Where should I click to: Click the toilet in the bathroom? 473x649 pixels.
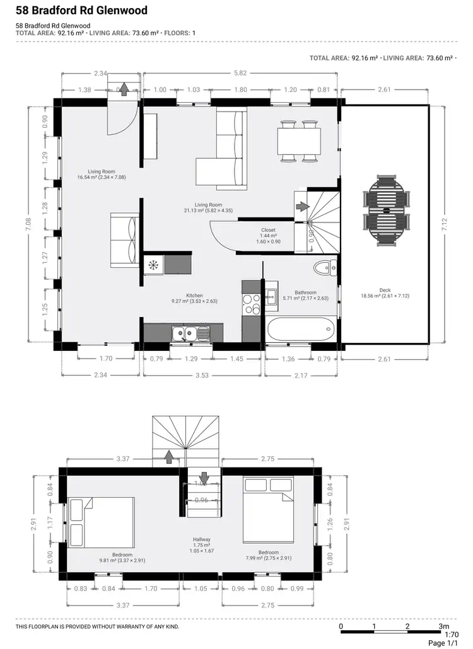pyautogui.click(x=325, y=267)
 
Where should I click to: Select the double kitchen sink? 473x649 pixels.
pyautogui.click(x=189, y=332)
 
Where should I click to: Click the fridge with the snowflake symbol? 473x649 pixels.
pyautogui.click(x=153, y=265)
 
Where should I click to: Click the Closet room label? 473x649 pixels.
pyautogui.click(x=268, y=230)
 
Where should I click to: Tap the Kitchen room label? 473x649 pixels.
pyautogui.click(x=194, y=295)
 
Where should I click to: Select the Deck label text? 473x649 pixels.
pyautogui.click(x=385, y=290)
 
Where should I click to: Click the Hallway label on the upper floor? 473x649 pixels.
pyautogui.click(x=202, y=539)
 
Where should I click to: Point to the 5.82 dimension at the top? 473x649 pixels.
pyautogui.click(x=240, y=74)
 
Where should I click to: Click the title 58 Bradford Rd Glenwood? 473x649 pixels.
pyautogui.click(x=82, y=11)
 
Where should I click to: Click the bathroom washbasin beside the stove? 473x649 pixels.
pyautogui.click(x=271, y=296)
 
